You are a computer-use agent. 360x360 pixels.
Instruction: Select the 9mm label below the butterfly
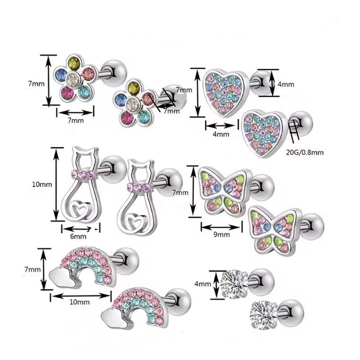click(x=221, y=234)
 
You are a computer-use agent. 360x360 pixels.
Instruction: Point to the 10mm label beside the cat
click(x=42, y=184)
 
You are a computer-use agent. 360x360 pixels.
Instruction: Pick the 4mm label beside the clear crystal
click(x=202, y=284)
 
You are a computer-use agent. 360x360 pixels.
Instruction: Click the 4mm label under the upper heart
click(x=221, y=134)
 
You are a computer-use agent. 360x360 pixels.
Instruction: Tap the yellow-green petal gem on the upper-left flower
click(x=75, y=62)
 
